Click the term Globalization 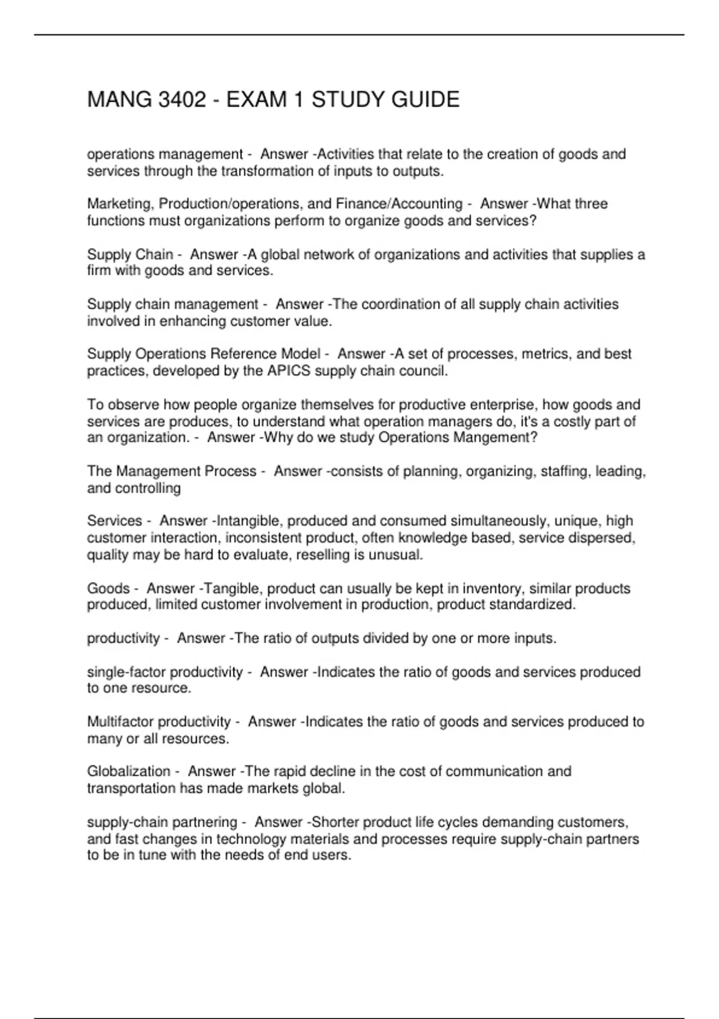pos(129,771)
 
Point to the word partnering pos(207,822)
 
